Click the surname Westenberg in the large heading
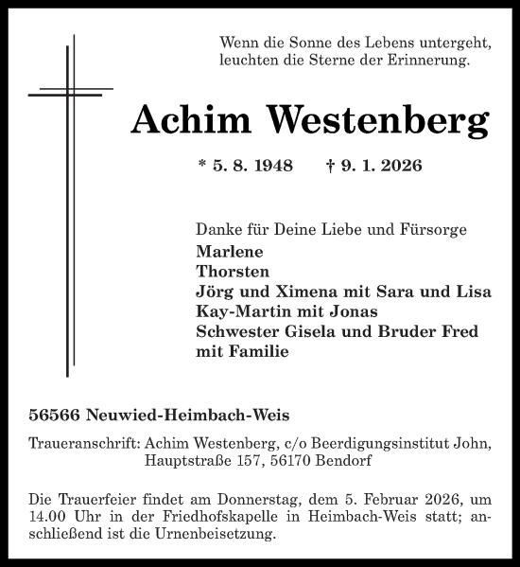pyautogui.click(x=379, y=120)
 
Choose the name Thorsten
pyautogui.click(x=234, y=271)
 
